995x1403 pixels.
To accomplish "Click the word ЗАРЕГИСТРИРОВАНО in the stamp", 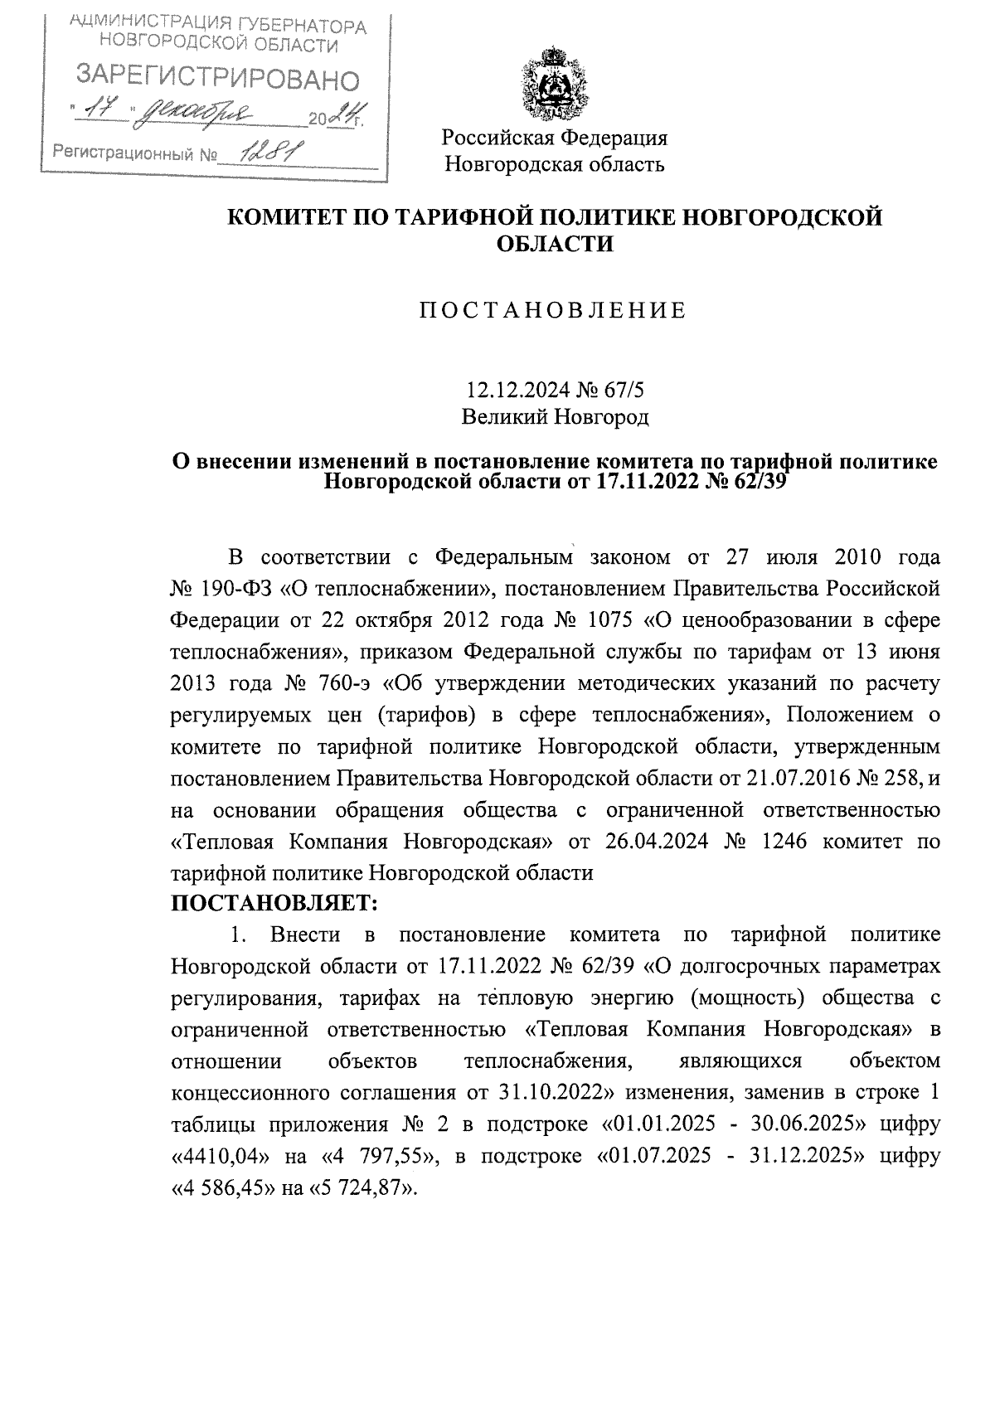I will coord(218,79).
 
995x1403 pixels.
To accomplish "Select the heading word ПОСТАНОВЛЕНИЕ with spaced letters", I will coord(552,311).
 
